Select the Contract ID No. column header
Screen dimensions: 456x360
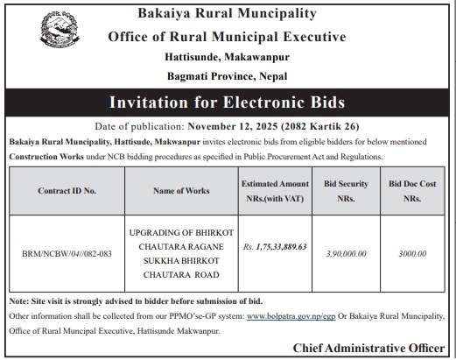click(x=67, y=190)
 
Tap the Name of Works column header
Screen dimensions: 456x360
click(x=179, y=190)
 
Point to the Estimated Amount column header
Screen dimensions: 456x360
click(x=275, y=190)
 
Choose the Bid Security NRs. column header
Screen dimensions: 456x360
click(x=345, y=190)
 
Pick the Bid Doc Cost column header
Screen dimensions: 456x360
click(x=412, y=190)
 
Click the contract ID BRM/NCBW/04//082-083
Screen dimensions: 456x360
click(x=67, y=254)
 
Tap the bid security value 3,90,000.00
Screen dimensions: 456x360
click(x=345, y=254)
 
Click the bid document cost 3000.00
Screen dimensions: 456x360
click(x=412, y=254)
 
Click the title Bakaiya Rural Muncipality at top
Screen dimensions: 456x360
click(x=227, y=14)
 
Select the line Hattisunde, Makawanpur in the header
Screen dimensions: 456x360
click(x=227, y=56)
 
